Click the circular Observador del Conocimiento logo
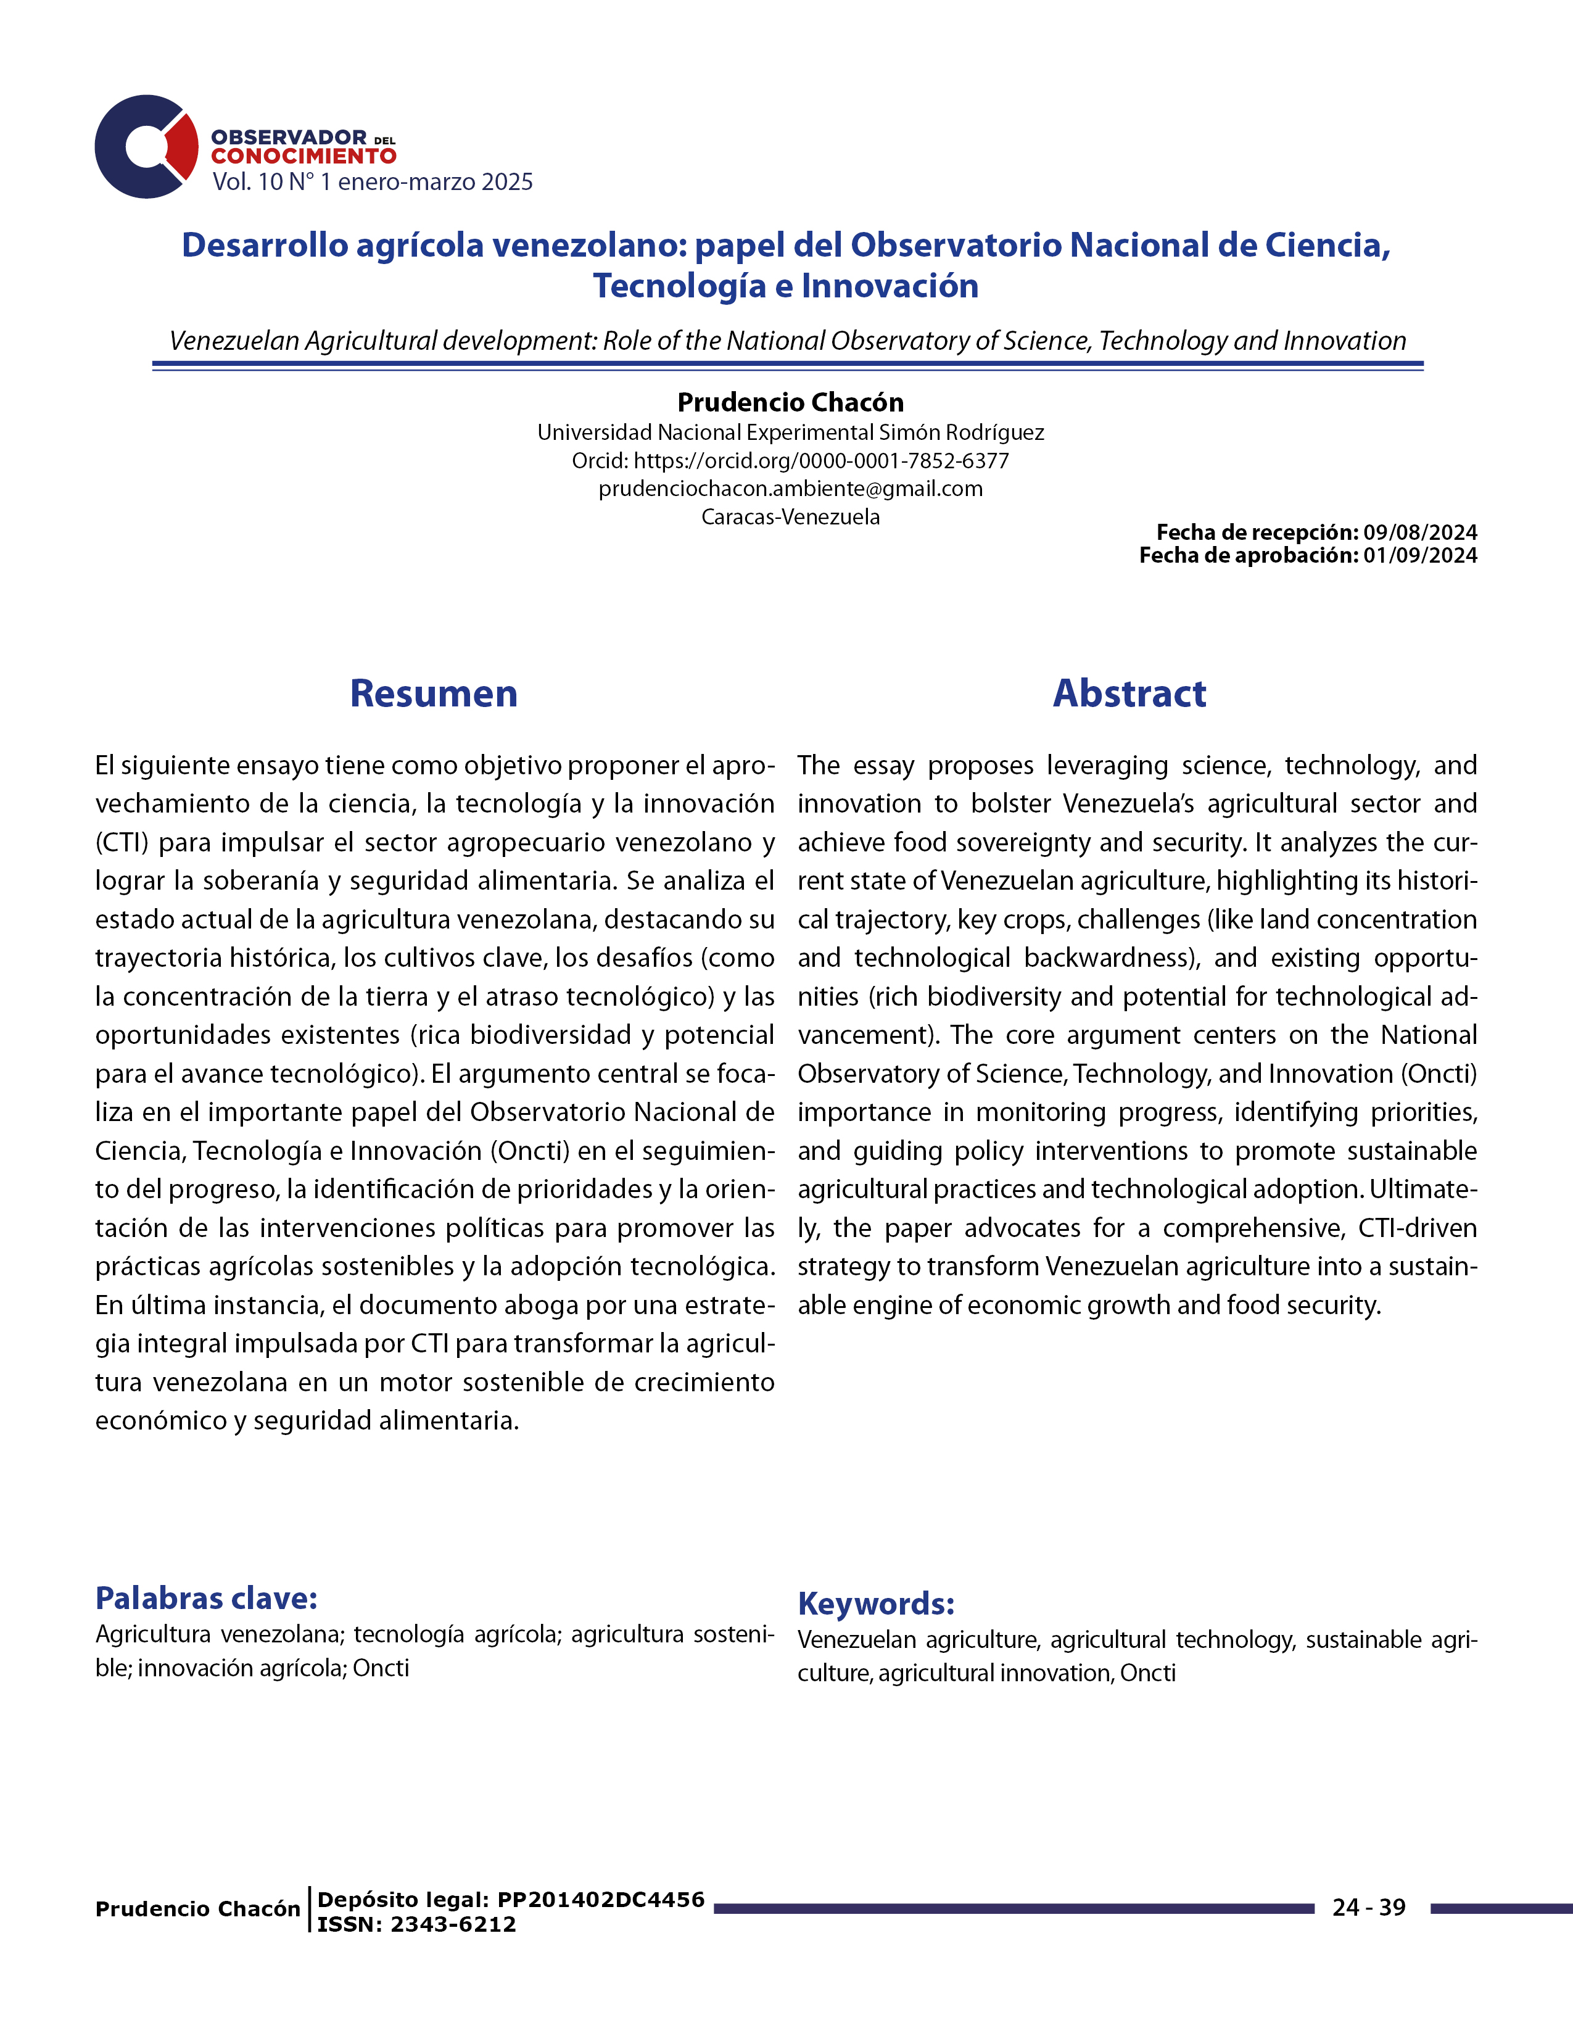[x=146, y=146]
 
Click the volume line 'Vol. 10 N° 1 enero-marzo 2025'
[x=372, y=182]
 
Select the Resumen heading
[x=433, y=693]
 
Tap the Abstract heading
[x=1129, y=693]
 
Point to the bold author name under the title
[x=790, y=403]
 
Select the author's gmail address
[x=790, y=489]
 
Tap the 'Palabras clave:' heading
[x=207, y=1598]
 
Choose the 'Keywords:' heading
[x=876, y=1604]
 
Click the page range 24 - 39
[x=1369, y=1907]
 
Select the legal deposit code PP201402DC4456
[x=601, y=1900]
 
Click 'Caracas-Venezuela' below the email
[x=790, y=516]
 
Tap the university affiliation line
[x=790, y=432]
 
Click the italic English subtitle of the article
[x=788, y=341]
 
